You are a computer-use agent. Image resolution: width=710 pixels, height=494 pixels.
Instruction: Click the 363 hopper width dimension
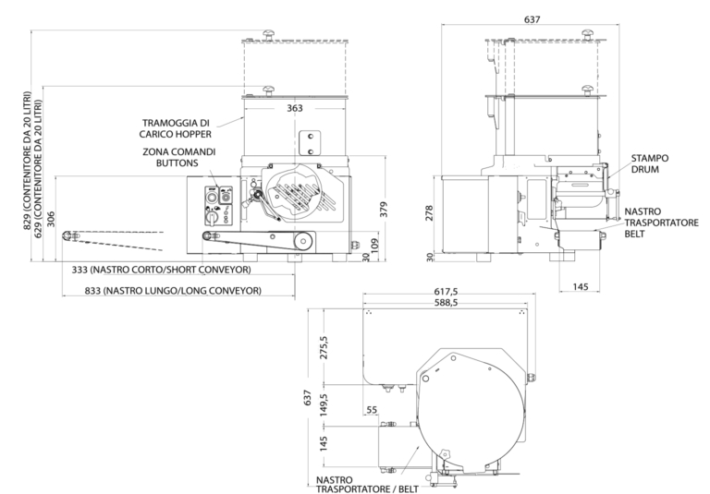point(295,108)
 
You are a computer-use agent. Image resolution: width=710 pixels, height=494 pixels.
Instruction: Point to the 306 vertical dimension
point(51,219)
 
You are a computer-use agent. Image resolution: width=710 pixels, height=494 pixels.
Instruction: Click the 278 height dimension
point(428,212)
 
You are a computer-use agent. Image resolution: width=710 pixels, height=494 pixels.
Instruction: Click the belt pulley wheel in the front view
point(301,242)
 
